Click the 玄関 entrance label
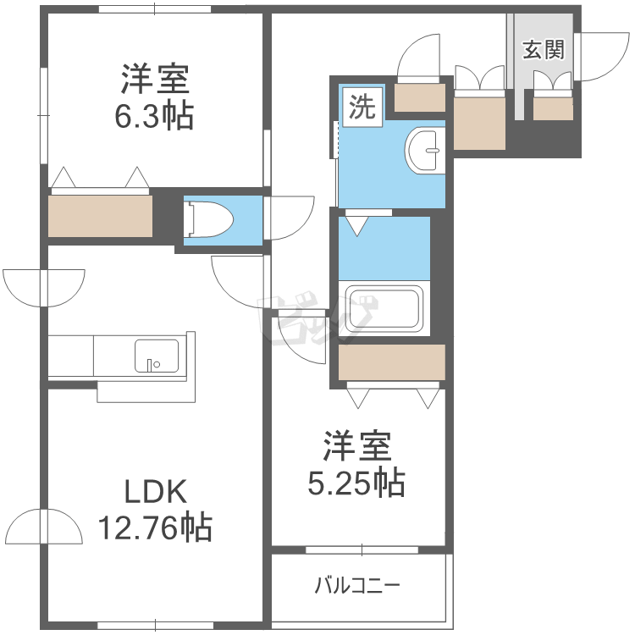(x=544, y=50)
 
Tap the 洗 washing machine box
(x=362, y=107)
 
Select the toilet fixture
(x=208, y=220)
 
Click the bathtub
(x=384, y=308)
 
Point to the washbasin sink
(x=425, y=151)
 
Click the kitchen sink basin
(x=157, y=356)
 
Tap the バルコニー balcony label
(x=357, y=585)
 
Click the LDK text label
(x=156, y=492)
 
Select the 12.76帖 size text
(x=156, y=527)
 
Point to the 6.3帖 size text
(x=154, y=116)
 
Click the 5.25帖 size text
(x=356, y=483)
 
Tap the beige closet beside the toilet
(x=100, y=216)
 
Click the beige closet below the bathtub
(x=392, y=362)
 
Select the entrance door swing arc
(x=603, y=57)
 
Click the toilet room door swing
(x=290, y=218)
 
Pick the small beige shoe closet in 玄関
(x=553, y=108)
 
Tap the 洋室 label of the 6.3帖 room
(x=155, y=79)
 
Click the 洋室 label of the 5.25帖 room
(x=356, y=446)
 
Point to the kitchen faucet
(x=150, y=365)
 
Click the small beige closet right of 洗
(x=420, y=97)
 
